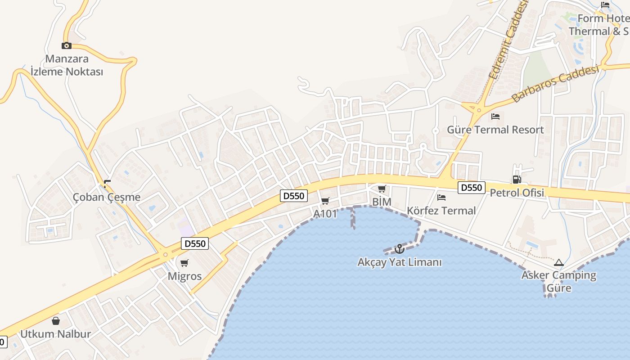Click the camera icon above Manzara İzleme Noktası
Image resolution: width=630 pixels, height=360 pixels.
tap(67, 45)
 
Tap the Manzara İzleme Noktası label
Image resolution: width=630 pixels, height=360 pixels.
tap(67, 65)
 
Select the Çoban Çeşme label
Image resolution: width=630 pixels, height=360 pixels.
tap(107, 197)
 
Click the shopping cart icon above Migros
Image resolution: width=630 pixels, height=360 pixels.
tap(184, 263)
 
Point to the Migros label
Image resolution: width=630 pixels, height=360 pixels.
tap(184, 276)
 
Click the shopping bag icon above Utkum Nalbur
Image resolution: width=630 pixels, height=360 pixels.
tap(56, 321)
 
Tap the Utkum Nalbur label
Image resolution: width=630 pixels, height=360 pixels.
tap(56, 334)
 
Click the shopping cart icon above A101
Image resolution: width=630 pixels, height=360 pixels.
tap(325, 201)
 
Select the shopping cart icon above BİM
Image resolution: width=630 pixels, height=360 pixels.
tap(382, 189)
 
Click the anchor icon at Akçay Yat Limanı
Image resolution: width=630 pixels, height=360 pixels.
tap(399, 248)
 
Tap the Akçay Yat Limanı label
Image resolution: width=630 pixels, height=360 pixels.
tap(400, 262)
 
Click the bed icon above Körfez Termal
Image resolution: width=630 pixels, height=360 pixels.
tap(441, 197)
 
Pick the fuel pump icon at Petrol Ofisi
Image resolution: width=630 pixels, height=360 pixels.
tap(517, 180)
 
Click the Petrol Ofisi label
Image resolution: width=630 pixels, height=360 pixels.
tap(517, 193)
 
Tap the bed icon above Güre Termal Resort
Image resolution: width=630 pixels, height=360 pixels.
tap(495, 117)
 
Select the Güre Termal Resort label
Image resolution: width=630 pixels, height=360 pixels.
tap(495, 130)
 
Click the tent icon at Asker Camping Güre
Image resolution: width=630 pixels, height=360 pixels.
tap(559, 262)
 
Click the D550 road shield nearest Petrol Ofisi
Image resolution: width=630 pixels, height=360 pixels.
tap(472, 188)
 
